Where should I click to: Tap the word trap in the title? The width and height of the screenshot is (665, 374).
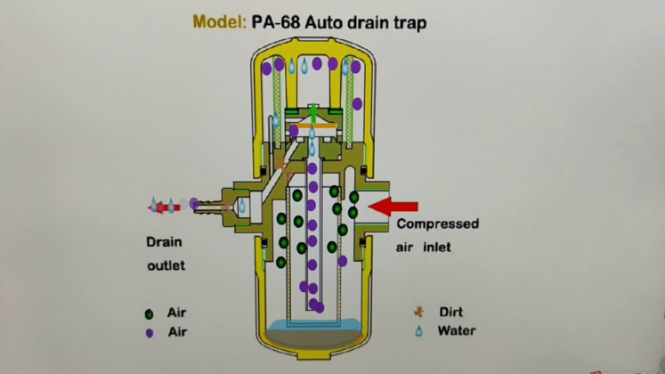pos(408,21)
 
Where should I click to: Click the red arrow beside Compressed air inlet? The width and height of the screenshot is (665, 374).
pos(393,207)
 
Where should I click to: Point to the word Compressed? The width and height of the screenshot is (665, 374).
pos(437,224)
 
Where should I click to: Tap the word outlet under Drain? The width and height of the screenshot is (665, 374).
pos(166,265)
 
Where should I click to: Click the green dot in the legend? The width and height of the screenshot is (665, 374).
pos(149,314)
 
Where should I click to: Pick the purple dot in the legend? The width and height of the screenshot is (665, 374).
pos(149,332)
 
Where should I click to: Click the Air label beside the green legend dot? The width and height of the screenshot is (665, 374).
pos(178,313)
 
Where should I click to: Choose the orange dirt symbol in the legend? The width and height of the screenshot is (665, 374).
pos(417,313)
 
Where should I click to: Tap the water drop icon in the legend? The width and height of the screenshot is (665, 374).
pos(417,332)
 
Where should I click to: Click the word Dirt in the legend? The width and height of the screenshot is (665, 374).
pos(451,313)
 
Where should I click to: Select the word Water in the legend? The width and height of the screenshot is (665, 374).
pos(456,331)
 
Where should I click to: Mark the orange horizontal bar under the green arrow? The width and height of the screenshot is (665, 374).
pos(312,129)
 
